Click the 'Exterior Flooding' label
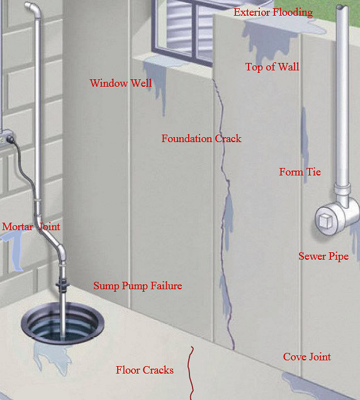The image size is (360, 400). (273, 12)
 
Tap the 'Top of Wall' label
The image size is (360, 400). (272, 67)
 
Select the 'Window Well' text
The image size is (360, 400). (121, 83)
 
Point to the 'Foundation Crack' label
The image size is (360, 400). (201, 138)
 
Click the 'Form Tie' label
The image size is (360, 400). (300, 172)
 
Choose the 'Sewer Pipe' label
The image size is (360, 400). (323, 257)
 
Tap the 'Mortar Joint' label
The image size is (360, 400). (31, 226)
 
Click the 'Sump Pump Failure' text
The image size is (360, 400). (138, 286)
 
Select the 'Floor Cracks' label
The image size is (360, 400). (145, 370)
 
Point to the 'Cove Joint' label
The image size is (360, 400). (307, 357)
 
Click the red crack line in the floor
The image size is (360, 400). (189, 372)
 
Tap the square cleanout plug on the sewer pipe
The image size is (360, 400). (325, 221)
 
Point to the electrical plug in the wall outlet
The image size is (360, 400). (10, 139)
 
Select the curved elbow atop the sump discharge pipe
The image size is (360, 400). (33, 8)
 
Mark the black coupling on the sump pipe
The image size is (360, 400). (62, 284)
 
